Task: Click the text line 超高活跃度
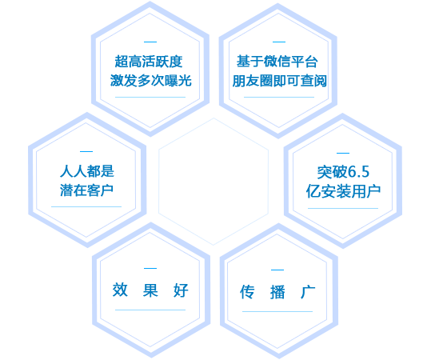[149, 62]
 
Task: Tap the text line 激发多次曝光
[150, 81]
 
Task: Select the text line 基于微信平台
[277, 62]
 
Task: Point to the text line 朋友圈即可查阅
[279, 81]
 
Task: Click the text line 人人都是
[87, 171]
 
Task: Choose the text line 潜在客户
[86, 190]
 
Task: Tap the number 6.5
[358, 172]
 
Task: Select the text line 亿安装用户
[343, 191]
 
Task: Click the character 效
[120, 290]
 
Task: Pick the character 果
[150, 290]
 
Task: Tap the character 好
[181, 290]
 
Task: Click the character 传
[247, 291]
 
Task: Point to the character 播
[277, 291]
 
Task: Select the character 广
[308, 291]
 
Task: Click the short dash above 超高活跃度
[150, 42]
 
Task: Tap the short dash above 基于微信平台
[279, 42]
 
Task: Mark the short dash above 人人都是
[86, 151]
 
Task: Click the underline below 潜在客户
[86, 206]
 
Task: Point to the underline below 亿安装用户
[343, 208]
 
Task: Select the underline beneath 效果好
[150, 310]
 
